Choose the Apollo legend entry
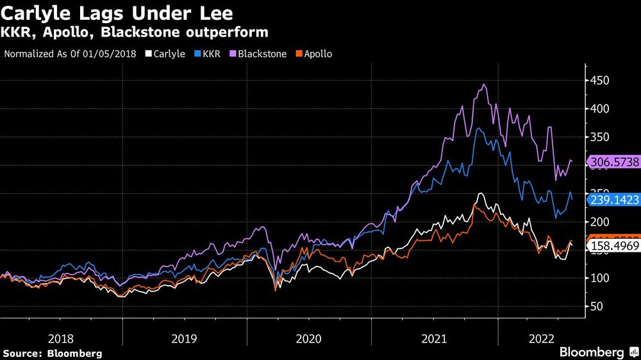click(x=313, y=54)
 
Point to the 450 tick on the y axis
click(x=599, y=81)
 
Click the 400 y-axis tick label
click(x=599, y=109)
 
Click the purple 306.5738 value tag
click(x=614, y=163)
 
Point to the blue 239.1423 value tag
click(x=614, y=200)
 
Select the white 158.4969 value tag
click(x=614, y=247)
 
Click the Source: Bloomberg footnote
click(x=53, y=353)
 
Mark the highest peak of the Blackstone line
click(x=484, y=85)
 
